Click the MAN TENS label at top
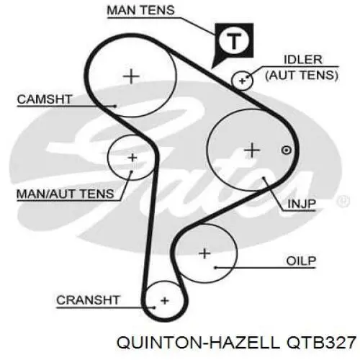point(140,10)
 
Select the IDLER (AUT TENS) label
point(302,68)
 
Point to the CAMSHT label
point(45,99)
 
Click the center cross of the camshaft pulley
point(131,76)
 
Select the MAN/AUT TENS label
point(65,194)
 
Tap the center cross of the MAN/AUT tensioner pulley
point(132,158)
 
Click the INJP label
point(302,204)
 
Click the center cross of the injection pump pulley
point(252,150)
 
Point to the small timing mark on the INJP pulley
point(286,150)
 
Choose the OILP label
point(301,261)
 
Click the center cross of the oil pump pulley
point(204,253)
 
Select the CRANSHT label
point(88,300)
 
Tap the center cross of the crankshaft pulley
point(165,301)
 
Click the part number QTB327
point(321,342)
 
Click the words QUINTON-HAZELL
point(199,342)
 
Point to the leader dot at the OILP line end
point(215,267)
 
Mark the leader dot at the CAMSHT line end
point(115,106)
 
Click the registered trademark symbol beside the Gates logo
point(343,201)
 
